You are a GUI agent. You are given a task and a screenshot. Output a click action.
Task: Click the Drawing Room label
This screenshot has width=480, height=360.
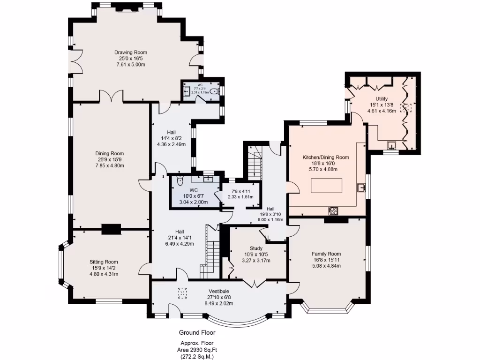coord(131,52)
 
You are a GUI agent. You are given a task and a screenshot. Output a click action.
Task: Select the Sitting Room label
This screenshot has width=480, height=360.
coord(104,262)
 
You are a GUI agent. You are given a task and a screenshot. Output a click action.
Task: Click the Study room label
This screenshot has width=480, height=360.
coord(255,248)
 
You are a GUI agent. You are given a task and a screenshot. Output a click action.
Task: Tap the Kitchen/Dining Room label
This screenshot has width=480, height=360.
coord(326,157)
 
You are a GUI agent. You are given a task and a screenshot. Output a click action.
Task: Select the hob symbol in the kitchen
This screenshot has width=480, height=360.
coord(334,210)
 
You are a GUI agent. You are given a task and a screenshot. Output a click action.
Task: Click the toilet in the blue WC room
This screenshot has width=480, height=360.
coord(180,181)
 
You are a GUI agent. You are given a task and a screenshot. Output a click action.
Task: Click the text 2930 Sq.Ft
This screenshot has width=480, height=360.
coord(206,350)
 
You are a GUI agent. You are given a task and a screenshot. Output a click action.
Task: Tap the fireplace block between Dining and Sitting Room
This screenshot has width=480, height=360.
coord(111,229)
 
